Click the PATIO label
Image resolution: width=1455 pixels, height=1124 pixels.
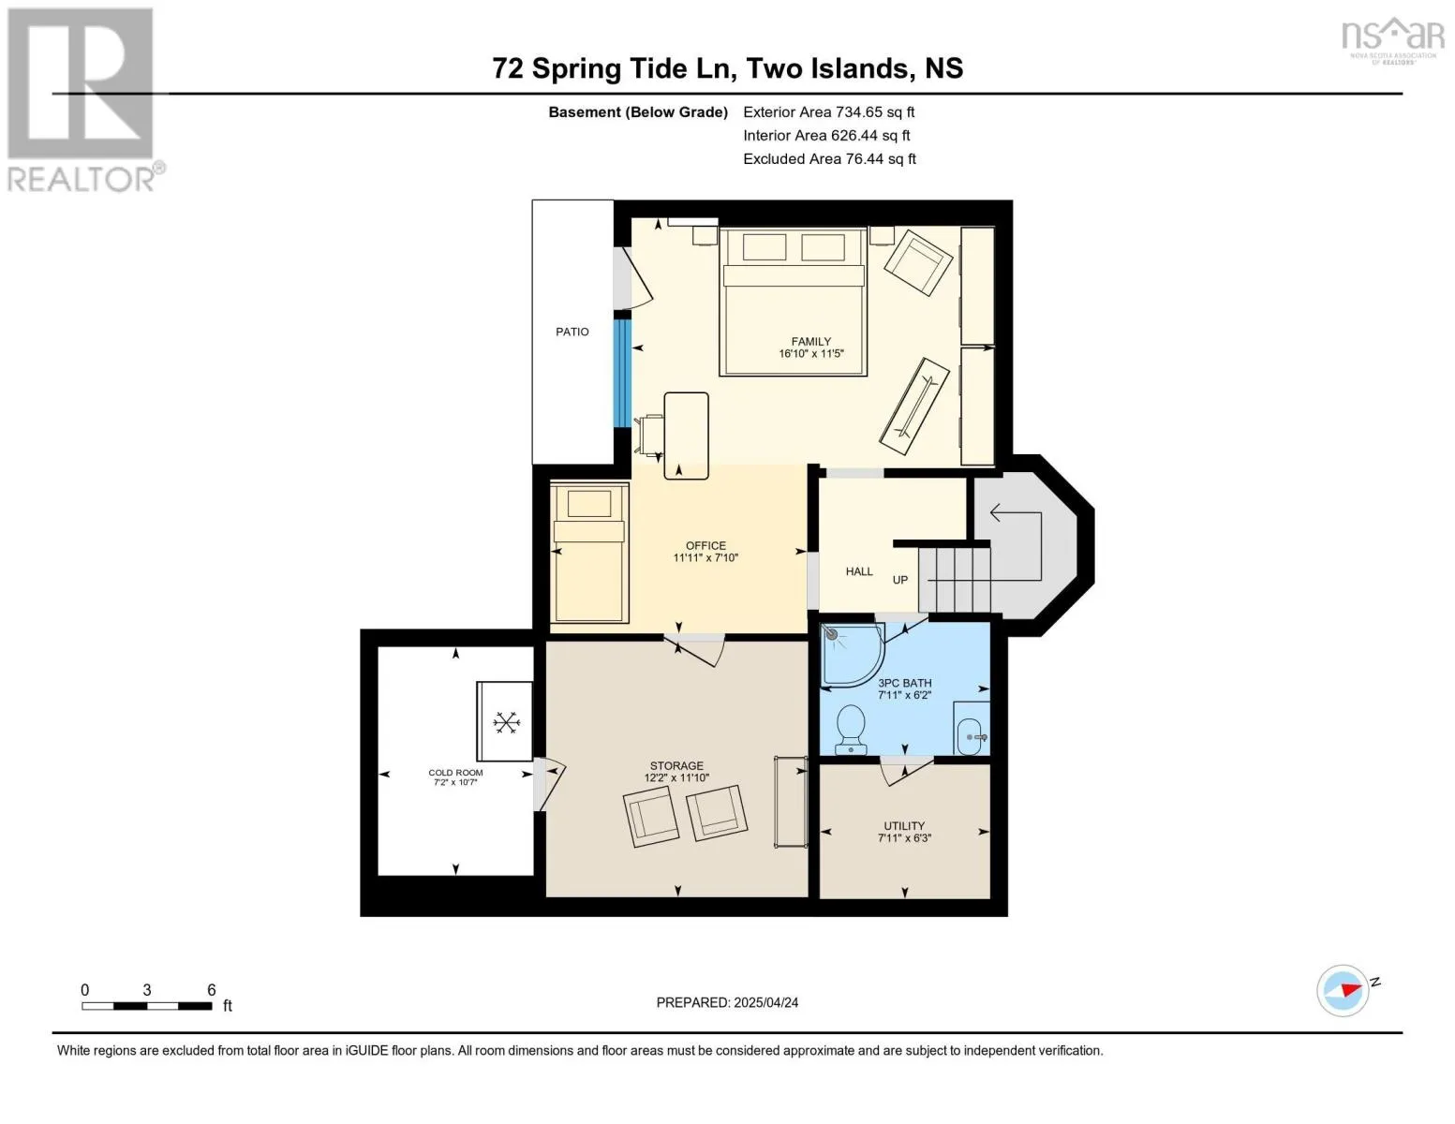572,332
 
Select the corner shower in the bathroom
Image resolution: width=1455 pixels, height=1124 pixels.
853,654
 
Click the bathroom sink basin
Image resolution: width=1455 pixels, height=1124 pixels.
970,736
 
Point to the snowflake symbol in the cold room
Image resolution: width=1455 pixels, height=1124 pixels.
506,722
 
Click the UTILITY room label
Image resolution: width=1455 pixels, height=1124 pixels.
904,825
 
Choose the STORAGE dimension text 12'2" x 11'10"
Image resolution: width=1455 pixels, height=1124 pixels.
676,777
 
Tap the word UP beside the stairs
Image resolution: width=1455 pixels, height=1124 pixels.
900,580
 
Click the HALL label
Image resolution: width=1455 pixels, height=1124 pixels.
859,571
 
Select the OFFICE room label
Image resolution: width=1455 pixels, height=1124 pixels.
705,545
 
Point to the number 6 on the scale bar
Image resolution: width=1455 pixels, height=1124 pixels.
212,989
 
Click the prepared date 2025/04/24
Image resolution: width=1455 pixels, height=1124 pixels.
766,1002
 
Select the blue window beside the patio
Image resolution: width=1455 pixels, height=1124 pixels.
623,373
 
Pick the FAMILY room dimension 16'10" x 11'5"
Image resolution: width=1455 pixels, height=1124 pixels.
810,353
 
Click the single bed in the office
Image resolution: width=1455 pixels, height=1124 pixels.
589,553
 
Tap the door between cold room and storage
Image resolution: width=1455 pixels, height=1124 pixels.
548,785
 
